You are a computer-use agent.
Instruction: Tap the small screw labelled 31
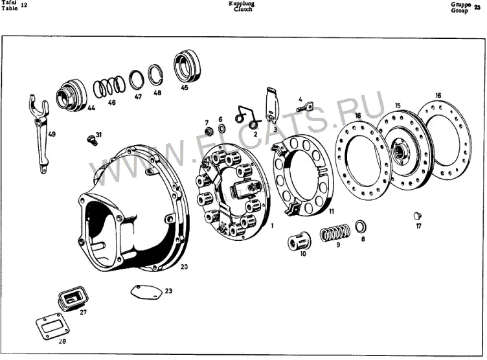(x=92, y=141)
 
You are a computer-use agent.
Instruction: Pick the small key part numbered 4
(x=304, y=107)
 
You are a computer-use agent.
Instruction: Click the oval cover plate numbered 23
(x=146, y=292)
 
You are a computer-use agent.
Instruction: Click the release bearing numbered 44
(x=71, y=95)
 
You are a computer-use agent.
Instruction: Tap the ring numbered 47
(x=137, y=80)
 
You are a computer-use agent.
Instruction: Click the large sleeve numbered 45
(x=187, y=67)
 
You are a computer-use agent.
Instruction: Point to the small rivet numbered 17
(x=418, y=216)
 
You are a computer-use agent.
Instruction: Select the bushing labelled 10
(x=299, y=242)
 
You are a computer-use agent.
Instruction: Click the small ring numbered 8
(x=360, y=227)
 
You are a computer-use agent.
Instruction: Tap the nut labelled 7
(x=209, y=131)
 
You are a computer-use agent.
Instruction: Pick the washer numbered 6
(x=221, y=128)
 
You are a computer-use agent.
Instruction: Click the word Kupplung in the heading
(x=242, y=3)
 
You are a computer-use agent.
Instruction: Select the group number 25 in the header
(x=477, y=8)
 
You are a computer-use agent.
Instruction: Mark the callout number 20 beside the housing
(x=184, y=267)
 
